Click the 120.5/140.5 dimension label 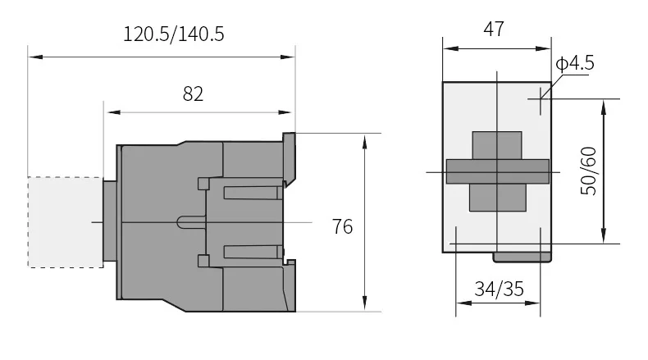point(174,34)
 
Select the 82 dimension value point(193,93)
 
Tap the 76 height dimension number point(343,226)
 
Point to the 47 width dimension point(494,29)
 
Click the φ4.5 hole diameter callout point(575,63)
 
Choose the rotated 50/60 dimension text point(588,171)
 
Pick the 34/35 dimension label point(500,289)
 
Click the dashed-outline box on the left point(66,222)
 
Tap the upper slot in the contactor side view point(253,193)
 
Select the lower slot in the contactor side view point(253,252)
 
